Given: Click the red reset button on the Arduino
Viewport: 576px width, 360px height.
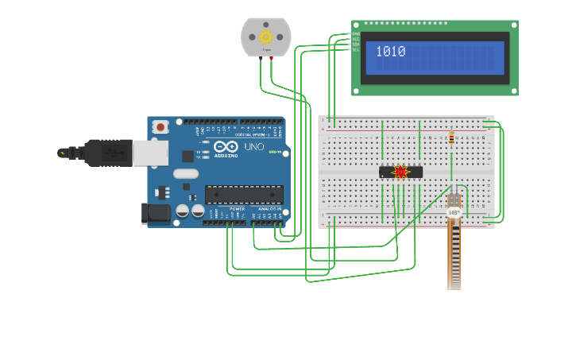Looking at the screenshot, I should coord(160,126).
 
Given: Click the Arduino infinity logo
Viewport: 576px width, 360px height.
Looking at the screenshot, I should coord(225,147).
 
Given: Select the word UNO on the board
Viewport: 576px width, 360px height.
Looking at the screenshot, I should coord(253,147).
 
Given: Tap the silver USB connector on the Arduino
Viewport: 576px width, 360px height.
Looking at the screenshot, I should coord(149,153).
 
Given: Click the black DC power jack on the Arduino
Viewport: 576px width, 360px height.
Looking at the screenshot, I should coord(155,213).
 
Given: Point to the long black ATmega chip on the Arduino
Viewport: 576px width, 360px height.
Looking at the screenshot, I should coord(244,195).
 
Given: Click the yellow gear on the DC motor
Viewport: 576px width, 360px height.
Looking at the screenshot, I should coord(265,37).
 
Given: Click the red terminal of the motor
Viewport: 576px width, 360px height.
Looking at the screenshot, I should coord(272,58).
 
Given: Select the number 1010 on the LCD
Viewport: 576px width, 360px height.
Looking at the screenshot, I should coord(391,52).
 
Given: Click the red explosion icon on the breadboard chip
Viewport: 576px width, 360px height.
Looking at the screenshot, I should coord(400,172).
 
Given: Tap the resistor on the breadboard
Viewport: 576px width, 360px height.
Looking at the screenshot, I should coord(452,139).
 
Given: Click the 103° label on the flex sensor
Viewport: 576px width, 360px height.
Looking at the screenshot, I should coord(454,213).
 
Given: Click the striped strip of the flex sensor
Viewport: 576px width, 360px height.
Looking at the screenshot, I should coord(454,254).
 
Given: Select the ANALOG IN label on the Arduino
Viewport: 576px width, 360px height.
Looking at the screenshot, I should coord(268,209).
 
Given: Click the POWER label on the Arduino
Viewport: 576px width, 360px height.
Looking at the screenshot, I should coord(238,209).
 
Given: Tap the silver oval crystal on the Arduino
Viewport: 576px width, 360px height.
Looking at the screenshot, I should coord(185,173).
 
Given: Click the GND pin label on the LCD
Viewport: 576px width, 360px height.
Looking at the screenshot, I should coord(356,33).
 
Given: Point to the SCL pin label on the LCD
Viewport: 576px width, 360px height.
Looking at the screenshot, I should coord(356,50).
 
